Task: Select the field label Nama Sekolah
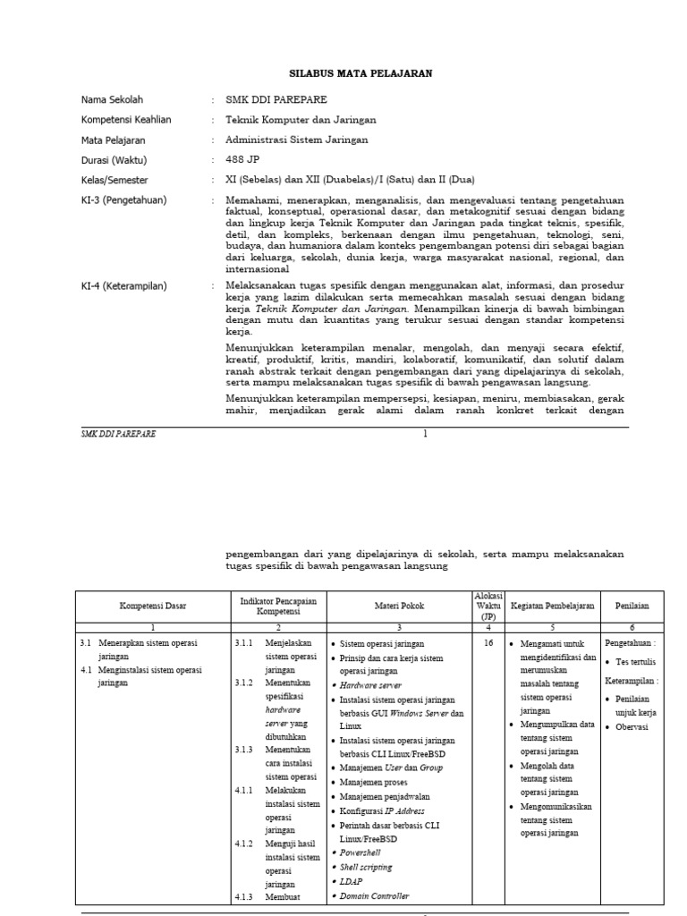tap(112, 99)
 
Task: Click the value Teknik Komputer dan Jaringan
tap(301, 120)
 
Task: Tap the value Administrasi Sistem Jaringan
tap(296, 140)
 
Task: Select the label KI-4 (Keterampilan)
tap(124, 286)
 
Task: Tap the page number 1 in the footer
tap(426, 434)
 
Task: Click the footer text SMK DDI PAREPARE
tap(118, 434)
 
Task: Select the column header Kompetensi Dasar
tap(153, 606)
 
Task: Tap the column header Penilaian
tap(632, 606)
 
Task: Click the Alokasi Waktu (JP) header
tap(488, 606)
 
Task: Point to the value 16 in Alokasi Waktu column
tap(488, 643)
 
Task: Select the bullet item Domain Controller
tap(375, 895)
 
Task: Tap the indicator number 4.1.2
tap(244, 844)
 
